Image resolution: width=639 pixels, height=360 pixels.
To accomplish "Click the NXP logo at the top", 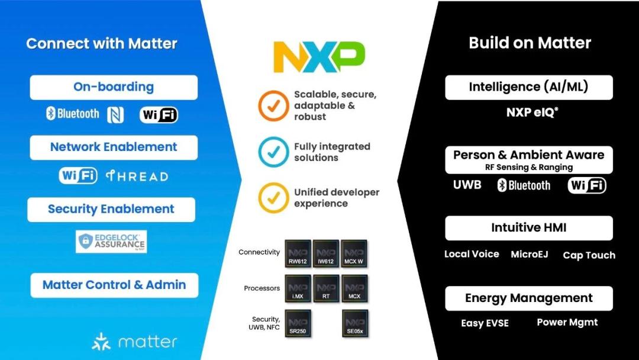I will pos(319,57).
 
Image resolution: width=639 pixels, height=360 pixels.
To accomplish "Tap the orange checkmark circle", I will pos(273,106).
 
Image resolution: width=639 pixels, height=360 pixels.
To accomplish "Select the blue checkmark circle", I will pos(273,152).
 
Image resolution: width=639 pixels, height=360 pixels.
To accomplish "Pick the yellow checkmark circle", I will pos(273,198).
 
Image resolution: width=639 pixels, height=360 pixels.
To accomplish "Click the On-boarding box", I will pos(114,87).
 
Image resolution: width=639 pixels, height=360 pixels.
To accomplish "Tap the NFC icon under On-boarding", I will pos(115,114).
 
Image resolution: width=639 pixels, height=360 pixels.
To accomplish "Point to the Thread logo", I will pos(137,176).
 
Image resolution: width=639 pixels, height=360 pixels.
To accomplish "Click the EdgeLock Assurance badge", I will pos(111,242).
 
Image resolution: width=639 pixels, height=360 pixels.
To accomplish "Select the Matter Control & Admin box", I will pos(114,285).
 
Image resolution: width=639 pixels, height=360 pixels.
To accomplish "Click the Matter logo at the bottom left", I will pos(134,342).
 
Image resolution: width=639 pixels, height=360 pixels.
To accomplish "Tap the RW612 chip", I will pos(298,254).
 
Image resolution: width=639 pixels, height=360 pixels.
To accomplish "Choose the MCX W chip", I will pos(354,254).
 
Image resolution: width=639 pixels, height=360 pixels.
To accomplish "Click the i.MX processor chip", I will pos(298,288).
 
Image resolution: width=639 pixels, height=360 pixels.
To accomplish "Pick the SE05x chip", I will pos(354,323).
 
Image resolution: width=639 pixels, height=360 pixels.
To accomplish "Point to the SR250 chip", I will pos(298,323).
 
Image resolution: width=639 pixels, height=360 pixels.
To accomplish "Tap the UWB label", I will pos(467,185).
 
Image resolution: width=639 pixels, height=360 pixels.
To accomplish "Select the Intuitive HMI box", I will pos(529,228).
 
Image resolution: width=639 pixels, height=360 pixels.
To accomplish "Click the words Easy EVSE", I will pos(485,323).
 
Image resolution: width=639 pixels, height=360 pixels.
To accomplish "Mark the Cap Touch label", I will pos(589,255).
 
